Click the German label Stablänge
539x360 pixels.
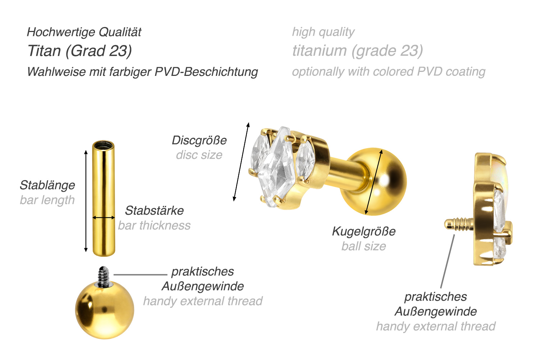47,185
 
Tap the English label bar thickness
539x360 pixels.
154,225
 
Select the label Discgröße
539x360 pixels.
199,140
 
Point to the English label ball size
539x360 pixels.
364,246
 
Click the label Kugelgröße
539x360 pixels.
364,231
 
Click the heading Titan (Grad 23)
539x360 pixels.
80,51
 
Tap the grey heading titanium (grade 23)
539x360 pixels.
358,51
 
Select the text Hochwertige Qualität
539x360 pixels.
84,32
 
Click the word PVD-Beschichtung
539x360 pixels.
206,72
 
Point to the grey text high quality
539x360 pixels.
323,32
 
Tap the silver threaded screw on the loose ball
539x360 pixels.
104,277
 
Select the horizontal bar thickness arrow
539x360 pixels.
103,218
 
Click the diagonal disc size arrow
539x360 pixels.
241,161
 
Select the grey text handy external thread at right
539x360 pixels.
436,327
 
